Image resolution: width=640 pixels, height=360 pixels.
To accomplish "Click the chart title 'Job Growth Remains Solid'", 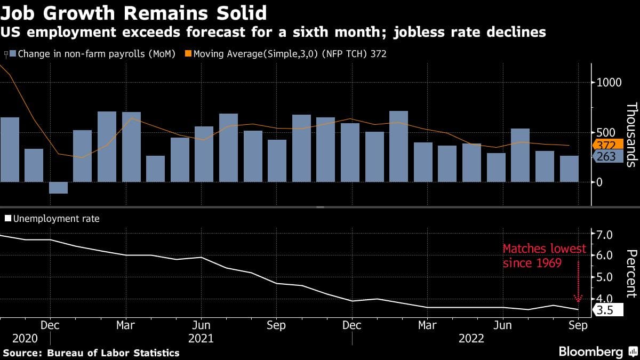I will [134, 11].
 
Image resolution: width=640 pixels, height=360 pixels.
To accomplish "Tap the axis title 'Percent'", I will [631, 273].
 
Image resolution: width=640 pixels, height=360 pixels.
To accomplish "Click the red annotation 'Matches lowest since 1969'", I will [544, 255].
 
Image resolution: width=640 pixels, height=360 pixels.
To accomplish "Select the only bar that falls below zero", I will [58, 188].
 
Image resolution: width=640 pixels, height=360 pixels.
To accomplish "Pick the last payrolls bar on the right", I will [569, 169].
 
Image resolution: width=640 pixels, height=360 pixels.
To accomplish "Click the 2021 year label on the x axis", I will [201, 338].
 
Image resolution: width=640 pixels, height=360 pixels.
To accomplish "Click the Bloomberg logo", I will [590, 351].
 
